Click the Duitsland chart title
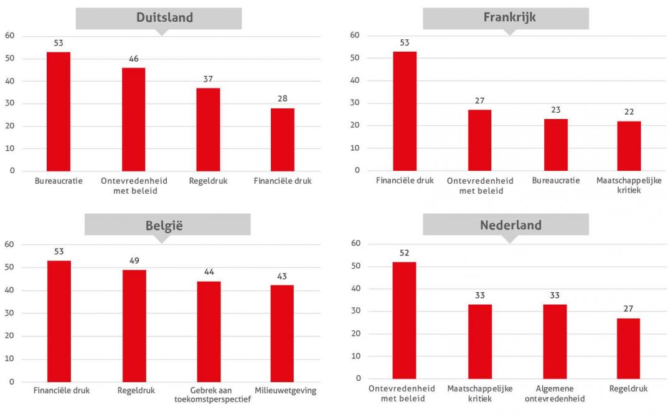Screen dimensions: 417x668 click(x=164, y=17)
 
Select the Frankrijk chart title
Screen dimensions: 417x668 click(x=509, y=17)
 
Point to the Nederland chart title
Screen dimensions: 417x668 click(x=510, y=225)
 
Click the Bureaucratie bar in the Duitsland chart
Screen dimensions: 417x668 click(x=59, y=112)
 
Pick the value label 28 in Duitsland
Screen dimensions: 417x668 click(x=283, y=98)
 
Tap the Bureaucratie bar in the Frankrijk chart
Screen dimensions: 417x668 click(x=555, y=145)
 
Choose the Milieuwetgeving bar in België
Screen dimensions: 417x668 click(x=281, y=333)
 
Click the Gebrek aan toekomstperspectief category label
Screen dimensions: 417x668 click(x=209, y=395)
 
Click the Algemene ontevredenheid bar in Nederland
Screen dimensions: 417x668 click(x=554, y=342)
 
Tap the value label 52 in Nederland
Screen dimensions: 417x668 click(x=405, y=252)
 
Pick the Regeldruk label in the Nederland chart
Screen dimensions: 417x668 click(x=629, y=388)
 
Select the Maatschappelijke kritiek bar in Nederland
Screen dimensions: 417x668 click(x=479, y=342)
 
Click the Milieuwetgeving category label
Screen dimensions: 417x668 click(x=285, y=391)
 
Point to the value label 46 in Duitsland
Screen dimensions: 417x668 click(x=133, y=58)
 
